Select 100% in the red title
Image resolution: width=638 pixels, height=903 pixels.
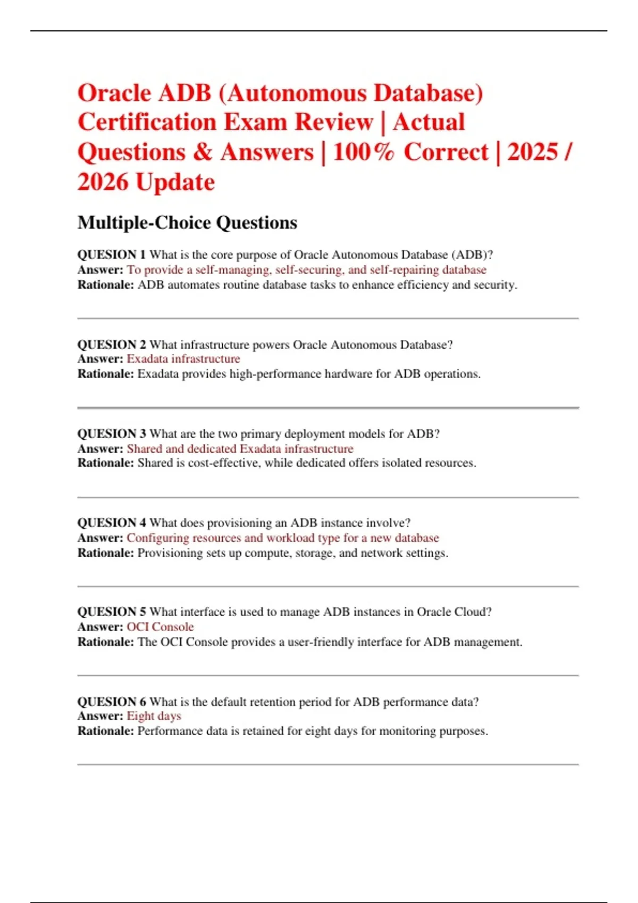pyautogui.click(x=364, y=152)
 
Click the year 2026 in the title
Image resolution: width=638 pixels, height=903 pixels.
pyautogui.click(x=103, y=182)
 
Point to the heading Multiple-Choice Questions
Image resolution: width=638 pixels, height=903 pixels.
pyautogui.click(x=187, y=223)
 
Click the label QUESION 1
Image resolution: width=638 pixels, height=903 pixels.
pyautogui.click(x=111, y=255)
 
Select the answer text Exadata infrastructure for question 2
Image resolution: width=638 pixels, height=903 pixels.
pyautogui.click(x=183, y=359)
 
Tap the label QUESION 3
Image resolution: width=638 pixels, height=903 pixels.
pyautogui.click(x=111, y=434)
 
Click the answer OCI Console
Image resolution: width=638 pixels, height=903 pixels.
pyautogui.click(x=160, y=627)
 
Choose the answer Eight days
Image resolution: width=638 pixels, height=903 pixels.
pyautogui.click(x=154, y=716)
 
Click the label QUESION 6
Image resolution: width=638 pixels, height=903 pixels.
pyautogui.click(x=111, y=702)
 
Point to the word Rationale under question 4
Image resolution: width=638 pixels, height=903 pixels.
pyautogui.click(x=105, y=553)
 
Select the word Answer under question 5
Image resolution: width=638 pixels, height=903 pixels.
pyautogui.click(x=100, y=627)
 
